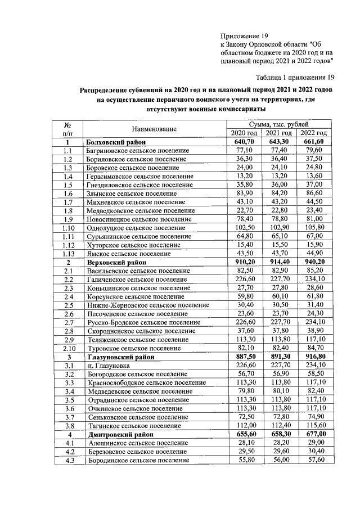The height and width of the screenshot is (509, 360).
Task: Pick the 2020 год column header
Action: [244, 133]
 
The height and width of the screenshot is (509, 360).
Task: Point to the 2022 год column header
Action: [314, 133]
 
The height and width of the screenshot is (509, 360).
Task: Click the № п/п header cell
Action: [67, 129]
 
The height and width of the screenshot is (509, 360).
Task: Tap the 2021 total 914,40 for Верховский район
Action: [279, 262]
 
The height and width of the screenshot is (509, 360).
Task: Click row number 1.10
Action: [68, 228]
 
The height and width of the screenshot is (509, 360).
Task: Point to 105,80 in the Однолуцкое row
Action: [314, 228]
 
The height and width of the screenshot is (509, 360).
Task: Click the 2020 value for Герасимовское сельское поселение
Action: [244, 176]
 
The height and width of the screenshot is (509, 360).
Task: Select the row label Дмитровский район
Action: [119, 434]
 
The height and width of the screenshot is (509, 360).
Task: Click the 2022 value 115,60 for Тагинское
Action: [314, 426]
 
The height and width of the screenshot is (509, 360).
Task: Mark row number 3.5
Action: [68, 400]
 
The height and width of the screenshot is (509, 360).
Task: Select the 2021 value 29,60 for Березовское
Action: [279, 452]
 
